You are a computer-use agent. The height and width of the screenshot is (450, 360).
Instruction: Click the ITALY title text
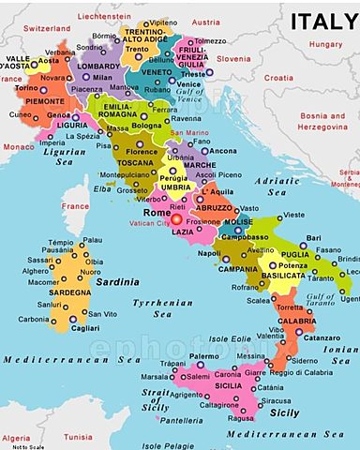point(322,22)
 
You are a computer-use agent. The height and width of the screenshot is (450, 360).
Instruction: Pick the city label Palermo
point(204,357)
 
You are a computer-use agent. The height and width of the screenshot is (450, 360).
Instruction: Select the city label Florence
point(142,151)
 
